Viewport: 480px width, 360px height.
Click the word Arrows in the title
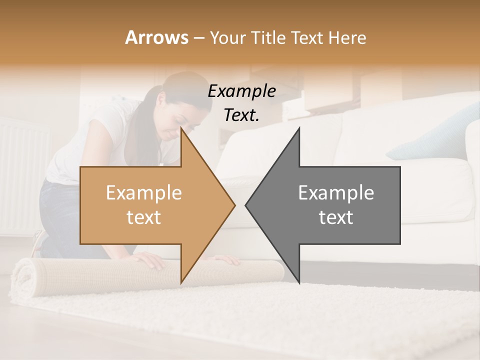tap(156, 37)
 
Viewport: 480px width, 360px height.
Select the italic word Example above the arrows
tap(242, 91)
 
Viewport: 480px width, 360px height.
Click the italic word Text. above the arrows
tap(242, 115)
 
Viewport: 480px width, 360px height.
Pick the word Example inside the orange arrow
tap(144, 193)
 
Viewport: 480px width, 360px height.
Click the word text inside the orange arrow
tap(144, 217)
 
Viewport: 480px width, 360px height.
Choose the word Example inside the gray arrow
tap(336, 193)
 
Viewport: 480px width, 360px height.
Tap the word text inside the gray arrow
tap(336, 217)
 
